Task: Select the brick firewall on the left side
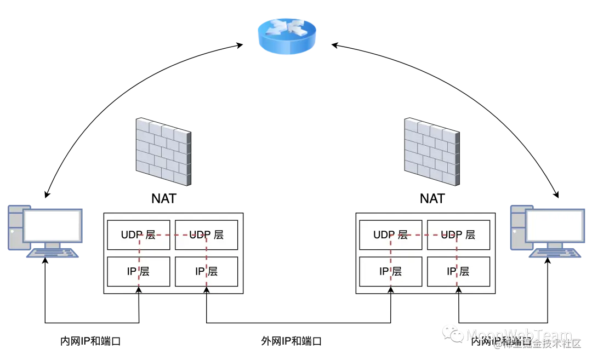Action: tap(164, 152)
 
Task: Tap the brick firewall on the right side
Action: tap(430, 152)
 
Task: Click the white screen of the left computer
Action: tap(52, 225)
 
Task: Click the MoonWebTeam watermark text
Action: tap(519, 334)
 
